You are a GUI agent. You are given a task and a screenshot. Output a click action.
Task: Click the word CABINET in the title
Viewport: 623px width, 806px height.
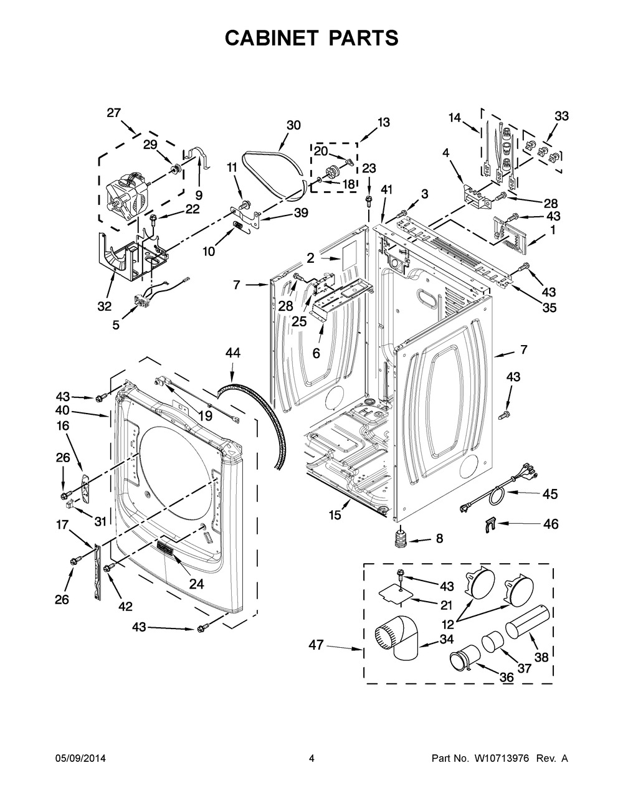(x=272, y=38)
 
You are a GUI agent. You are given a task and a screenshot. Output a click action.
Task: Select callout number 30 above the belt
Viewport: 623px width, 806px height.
(x=293, y=125)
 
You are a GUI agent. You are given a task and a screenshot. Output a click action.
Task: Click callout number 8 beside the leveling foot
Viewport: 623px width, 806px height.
(x=439, y=538)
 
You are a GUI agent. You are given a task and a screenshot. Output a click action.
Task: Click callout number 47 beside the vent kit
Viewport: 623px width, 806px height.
(x=316, y=645)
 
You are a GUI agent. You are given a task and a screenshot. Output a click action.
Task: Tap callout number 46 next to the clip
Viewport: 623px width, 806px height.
(x=550, y=524)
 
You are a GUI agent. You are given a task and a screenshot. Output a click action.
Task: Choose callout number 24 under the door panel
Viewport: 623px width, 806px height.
(x=196, y=584)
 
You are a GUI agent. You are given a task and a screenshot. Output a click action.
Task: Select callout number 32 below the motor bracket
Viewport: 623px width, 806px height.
(x=105, y=306)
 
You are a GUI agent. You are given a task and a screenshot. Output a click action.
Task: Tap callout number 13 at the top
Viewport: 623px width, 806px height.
(x=383, y=123)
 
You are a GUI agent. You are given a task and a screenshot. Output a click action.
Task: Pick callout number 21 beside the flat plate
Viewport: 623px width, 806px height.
(x=446, y=605)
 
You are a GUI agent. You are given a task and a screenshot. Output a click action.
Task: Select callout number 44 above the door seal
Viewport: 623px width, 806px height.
(x=232, y=353)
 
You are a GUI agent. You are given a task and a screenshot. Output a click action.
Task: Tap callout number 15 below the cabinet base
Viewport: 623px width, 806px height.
(x=335, y=516)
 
